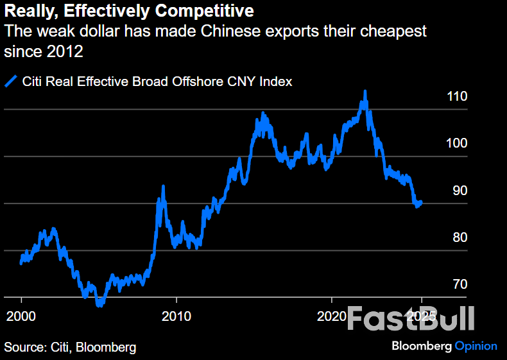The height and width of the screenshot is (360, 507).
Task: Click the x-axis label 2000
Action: pos(21,316)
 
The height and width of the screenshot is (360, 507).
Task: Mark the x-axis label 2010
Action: pos(176,316)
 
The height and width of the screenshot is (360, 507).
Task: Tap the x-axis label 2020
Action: pos(331,316)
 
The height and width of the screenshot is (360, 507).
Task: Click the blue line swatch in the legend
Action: pos(11,81)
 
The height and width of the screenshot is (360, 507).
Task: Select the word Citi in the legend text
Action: pos(33,81)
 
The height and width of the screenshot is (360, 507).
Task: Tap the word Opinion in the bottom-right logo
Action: pos(476,346)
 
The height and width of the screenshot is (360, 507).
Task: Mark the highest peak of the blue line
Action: pos(365,92)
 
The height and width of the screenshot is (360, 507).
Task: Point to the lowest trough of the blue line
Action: pos(99,305)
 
